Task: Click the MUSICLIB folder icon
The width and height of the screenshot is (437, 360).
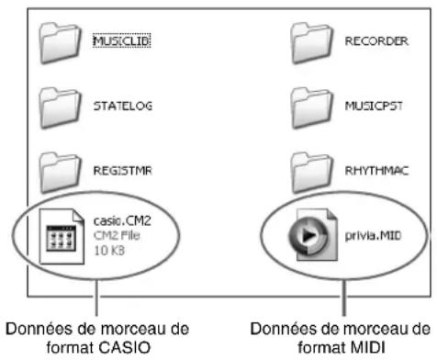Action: pos(61,43)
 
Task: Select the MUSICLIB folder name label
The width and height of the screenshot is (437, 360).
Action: pos(122,40)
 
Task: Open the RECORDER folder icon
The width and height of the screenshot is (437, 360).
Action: pos(311,43)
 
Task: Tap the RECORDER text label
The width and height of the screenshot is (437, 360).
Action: pos(376,41)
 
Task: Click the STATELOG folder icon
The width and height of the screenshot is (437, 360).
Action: pos(61,108)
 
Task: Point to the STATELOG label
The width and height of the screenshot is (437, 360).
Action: pos(123,106)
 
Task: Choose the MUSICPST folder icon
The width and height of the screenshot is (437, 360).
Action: pos(311,108)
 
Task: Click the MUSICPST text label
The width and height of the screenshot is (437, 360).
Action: pos(374,106)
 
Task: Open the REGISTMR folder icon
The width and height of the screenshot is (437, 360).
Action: pos(61,173)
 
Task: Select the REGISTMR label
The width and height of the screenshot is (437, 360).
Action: pos(122,171)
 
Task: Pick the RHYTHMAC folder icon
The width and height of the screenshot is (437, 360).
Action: pos(311,173)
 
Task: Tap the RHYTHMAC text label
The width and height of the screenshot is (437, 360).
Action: pos(376,171)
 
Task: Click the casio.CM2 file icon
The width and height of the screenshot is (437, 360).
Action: pos(62,236)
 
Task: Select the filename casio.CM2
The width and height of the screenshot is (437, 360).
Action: pos(122,220)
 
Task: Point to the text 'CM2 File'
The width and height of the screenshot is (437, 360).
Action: pos(117,235)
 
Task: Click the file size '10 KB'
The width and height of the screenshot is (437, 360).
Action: pos(109,251)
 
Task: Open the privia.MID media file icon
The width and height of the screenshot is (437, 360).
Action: pos(313,235)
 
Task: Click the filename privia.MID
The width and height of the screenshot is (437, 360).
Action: pos(373,236)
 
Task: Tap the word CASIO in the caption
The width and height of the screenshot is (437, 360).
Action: pos(124,347)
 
